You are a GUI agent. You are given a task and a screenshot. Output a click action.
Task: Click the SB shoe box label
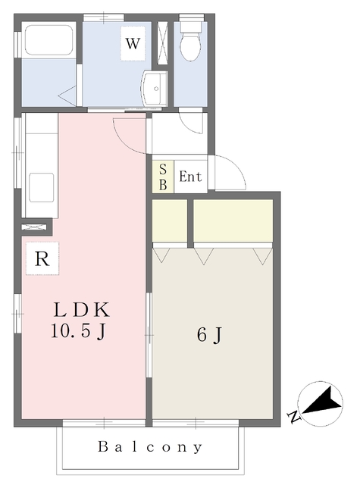coord(163,177)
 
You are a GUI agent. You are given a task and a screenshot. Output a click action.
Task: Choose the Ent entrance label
coord(190,177)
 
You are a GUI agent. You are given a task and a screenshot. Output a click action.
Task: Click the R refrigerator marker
coord(42,258)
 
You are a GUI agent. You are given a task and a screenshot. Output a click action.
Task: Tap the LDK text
coord(81,310)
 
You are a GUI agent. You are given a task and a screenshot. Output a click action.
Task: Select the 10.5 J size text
coord(81,331)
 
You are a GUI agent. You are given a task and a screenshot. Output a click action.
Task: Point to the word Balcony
coord(150,447)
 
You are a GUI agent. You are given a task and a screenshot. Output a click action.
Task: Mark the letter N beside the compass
coord(293,416)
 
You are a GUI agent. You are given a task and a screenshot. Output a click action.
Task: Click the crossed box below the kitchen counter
coord(35,226)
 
